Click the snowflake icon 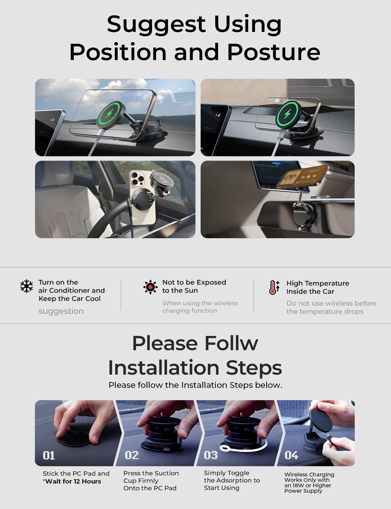(x=26, y=286)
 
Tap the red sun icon (x=150, y=287)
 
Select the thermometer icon (x=274, y=287)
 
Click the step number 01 (x=49, y=455)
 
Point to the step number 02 (x=132, y=455)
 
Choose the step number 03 (x=211, y=455)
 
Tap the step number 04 (x=291, y=455)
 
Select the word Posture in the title (x=274, y=52)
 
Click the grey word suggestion (x=61, y=311)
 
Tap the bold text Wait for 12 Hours (x=73, y=481)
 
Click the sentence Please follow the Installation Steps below (x=195, y=385)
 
